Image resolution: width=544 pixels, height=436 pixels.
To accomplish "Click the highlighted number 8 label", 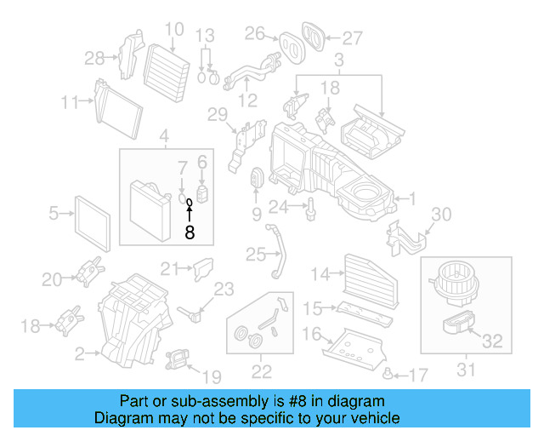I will tap(190, 231).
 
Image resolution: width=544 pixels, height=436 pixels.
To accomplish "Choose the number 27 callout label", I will tap(352, 37).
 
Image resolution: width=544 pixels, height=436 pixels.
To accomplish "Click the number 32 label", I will tap(492, 341).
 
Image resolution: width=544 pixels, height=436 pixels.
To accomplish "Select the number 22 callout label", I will tap(261, 370).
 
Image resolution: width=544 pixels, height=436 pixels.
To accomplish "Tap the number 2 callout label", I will tap(80, 353).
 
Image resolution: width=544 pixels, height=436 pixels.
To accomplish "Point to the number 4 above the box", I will tap(164, 134).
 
